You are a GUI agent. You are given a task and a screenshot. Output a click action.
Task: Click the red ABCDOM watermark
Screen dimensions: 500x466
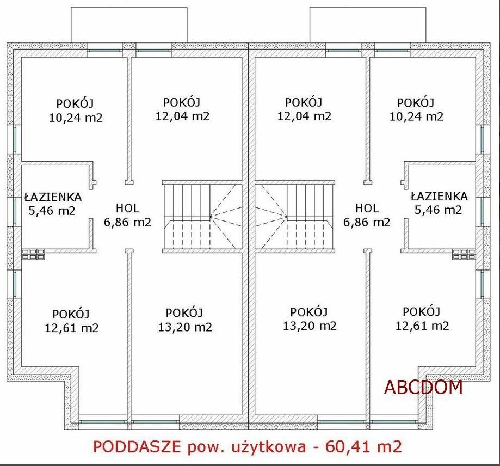(423, 387)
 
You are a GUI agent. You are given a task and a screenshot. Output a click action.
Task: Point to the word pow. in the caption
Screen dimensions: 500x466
(205, 448)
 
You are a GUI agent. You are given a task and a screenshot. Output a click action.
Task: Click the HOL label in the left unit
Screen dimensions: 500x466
(127, 209)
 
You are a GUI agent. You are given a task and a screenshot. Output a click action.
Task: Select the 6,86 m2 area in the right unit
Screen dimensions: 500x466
(367, 222)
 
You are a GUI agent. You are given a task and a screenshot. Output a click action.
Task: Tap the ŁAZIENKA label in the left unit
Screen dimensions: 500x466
(53, 197)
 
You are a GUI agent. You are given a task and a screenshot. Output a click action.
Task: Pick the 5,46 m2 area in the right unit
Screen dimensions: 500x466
(438, 210)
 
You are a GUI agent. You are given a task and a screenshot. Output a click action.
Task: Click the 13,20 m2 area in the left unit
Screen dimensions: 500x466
(186, 327)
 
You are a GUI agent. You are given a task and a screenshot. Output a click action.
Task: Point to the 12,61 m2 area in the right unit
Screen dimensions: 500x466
(422, 326)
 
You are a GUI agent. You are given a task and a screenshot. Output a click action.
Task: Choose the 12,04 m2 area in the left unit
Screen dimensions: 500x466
(182, 116)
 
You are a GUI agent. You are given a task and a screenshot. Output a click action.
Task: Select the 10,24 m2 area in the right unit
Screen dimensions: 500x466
(416, 116)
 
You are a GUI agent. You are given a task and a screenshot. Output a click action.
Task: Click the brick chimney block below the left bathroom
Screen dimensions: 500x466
(33, 254)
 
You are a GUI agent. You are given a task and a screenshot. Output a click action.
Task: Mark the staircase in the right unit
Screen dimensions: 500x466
(295, 217)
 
